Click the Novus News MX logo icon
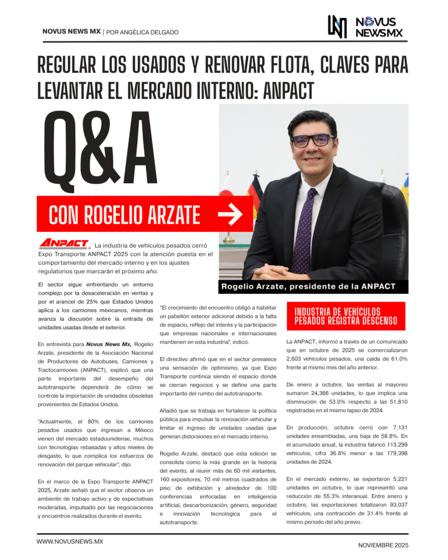tap(337, 27)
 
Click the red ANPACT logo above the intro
tap(64, 243)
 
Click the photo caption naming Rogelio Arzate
tap(307, 287)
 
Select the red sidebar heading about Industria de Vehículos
tap(346, 316)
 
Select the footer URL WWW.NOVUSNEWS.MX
tap(70, 541)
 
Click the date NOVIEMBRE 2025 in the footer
tap(383, 545)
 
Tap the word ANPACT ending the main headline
tap(289, 90)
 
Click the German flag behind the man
tap(254, 197)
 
